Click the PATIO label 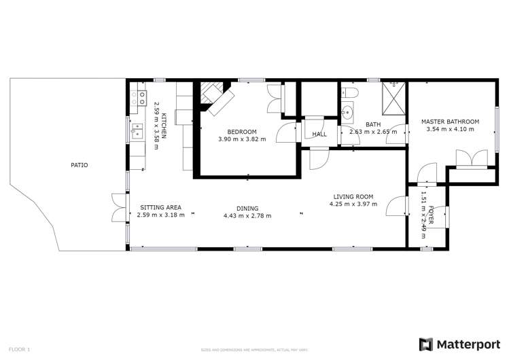click(80, 165)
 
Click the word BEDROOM click(242, 131)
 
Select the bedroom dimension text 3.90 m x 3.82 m click(242, 139)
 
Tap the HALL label click(319, 134)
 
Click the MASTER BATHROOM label click(449, 122)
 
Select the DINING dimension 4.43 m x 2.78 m click(247, 216)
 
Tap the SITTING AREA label click(160, 207)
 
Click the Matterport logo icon click(426, 344)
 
